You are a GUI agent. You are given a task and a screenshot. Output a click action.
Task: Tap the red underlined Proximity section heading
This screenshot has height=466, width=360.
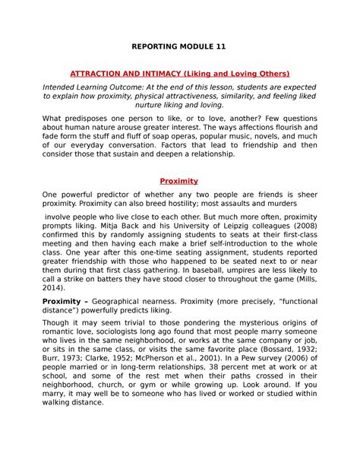[179, 182]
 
